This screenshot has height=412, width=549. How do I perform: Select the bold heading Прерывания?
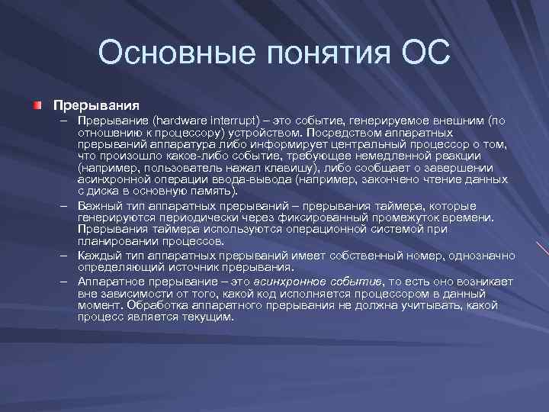95,103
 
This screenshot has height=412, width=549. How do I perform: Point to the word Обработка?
156,305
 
